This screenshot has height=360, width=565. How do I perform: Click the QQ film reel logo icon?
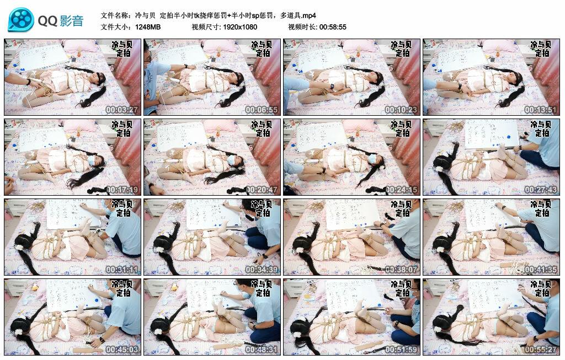pyautogui.click(x=21, y=20)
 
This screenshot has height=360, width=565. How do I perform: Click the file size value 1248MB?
pyautogui.click(x=148, y=27)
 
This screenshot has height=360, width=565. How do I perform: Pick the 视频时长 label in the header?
pyautogui.click(x=302, y=27)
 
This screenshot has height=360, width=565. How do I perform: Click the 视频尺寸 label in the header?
pyautogui.click(x=206, y=27)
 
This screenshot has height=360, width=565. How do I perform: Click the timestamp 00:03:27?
pyautogui.click(x=121, y=110)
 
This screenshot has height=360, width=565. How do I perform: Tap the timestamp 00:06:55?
pyautogui.click(x=261, y=110)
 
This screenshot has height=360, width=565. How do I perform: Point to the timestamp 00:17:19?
pyautogui.click(x=121, y=190)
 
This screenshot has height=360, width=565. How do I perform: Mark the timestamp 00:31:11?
pyautogui.click(x=121, y=270)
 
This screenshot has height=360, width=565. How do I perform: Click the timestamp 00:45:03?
pyautogui.click(x=121, y=350)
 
